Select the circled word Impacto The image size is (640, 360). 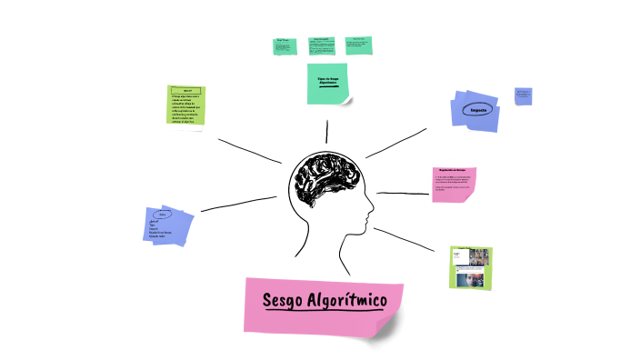[478, 111]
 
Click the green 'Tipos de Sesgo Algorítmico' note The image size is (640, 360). [327, 84]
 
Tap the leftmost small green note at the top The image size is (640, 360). [285, 46]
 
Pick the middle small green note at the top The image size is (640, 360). [321, 45]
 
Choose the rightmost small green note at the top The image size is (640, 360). [358, 45]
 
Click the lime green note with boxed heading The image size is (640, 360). [186, 105]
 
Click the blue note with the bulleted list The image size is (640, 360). [169, 225]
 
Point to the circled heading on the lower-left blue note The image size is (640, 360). [162, 215]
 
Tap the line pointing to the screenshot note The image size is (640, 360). [411, 240]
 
